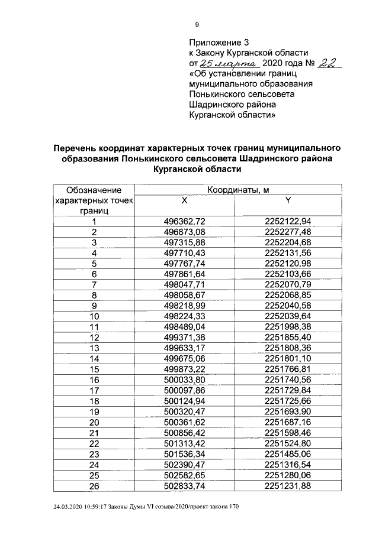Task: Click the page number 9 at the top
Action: [x=197, y=24]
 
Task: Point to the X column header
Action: [x=184, y=201]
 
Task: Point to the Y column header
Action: [x=288, y=201]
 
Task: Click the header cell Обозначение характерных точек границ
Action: [x=94, y=200]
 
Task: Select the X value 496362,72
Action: [x=184, y=222]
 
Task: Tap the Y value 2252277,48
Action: [x=288, y=232]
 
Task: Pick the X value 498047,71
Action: [x=184, y=285]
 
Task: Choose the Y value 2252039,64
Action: [x=288, y=316]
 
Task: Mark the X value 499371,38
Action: [x=184, y=338]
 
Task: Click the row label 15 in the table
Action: [x=94, y=369]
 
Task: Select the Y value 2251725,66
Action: [x=288, y=401]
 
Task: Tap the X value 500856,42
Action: [x=184, y=432]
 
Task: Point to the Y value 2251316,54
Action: [x=288, y=464]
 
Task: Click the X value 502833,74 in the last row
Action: [x=184, y=485]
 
